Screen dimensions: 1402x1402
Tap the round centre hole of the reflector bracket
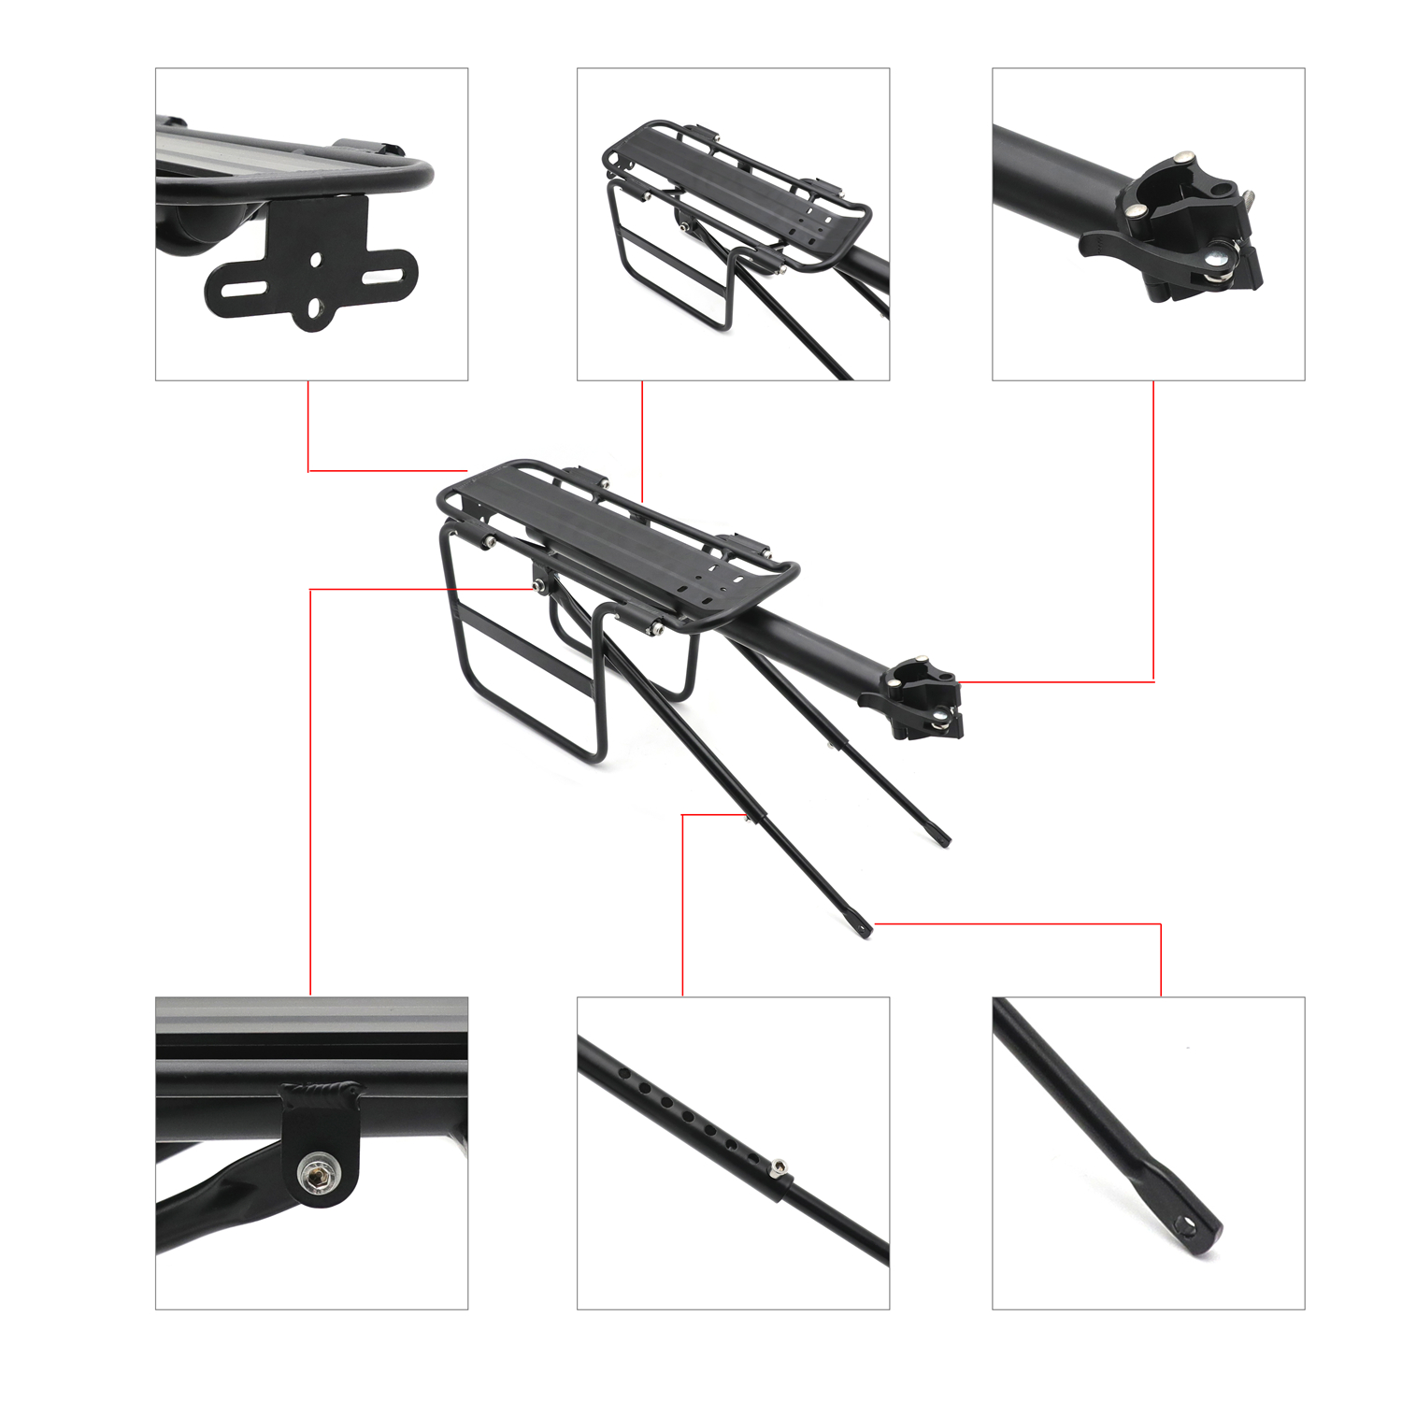pyautogui.click(x=315, y=259)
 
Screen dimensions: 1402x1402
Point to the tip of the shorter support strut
pyautogui.click(x=944, y=839)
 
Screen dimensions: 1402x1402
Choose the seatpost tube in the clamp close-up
pyautogui.click(x=1056, y=164)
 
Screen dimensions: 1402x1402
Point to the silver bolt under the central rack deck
pyautogui.click(x=539, y=585)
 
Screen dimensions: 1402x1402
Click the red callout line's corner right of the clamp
pyautogui.click(x=1153, y=681)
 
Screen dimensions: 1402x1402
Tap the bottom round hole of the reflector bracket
pyautogui.click(x=315, y=308)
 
